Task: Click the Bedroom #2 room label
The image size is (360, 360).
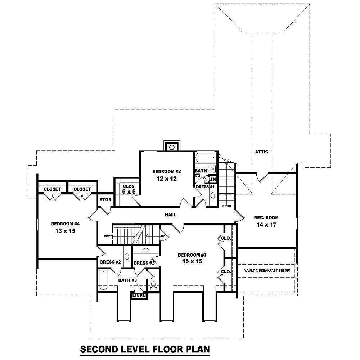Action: (x=166, y=171)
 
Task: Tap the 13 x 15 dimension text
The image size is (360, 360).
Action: (x=65, y=231)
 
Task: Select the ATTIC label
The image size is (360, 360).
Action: (x=261, y=152)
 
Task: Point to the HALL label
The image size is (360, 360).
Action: (x=170, y=215)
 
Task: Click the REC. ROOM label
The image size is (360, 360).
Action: (x=266, y=218)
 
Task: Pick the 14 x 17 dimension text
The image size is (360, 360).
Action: (x=266, y=225)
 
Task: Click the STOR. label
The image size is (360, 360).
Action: (x=106, y=200)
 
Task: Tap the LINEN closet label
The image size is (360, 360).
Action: (x=139, y=296)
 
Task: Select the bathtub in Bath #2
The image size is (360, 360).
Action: (x=206, y=158)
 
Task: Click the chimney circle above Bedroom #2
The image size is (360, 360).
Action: (x=172, y=147)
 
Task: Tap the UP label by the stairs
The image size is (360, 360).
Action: (x=163, y=236)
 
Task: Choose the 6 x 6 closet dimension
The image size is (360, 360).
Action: (x=129, y=192)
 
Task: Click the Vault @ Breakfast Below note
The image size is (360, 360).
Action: (x=267, y=270)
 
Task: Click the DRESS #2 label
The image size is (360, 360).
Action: (x=111, y=262)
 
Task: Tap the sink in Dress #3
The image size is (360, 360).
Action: (x=146, y=250)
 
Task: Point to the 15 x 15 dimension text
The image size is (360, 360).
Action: (x=192, y=261)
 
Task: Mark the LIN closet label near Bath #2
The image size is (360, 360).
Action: (x=212, y=179)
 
